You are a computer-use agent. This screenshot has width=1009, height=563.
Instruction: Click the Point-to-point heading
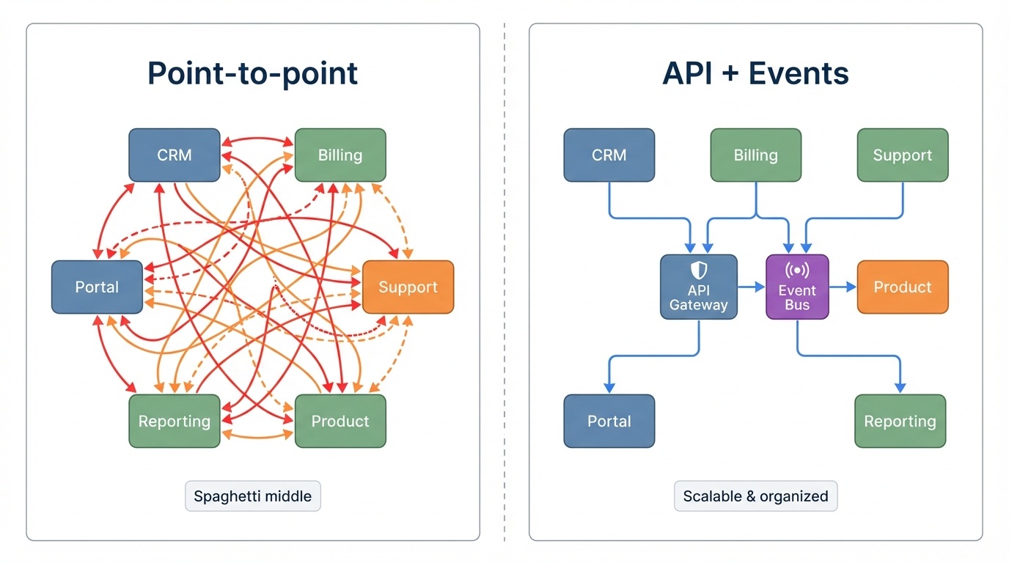[x=252, y=73]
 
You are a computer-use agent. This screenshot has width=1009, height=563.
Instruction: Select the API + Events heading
[x=755, y=73]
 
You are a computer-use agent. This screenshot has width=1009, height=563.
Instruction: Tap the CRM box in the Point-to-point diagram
[x=175, y=155]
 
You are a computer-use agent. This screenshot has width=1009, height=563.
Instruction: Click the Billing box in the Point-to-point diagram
[x=340, y=155]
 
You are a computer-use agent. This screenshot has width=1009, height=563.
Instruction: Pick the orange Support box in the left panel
[x=408, y=287]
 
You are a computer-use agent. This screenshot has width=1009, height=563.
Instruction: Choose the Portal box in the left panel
[x=97, y=287]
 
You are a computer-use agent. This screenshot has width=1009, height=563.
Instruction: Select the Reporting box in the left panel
[x=175, y=422]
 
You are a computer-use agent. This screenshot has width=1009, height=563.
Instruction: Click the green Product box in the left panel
[x=340, y=422]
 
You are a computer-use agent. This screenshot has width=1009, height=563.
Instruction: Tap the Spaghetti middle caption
[x=252, y=496]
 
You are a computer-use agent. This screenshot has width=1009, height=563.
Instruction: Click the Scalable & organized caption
[x=755, y=496]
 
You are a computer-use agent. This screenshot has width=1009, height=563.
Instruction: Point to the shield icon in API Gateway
[x=699, y=270]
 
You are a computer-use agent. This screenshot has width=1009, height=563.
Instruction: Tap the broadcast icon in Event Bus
[x=797, y=271]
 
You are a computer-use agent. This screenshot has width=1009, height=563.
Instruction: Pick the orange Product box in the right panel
[x=903, y=287]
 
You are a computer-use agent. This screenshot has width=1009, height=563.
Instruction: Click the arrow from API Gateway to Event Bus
[x=752, y=287]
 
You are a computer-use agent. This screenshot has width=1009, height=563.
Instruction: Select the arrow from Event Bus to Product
[x=843, y=287]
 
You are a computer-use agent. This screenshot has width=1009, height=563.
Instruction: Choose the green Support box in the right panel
[x=903, y=155]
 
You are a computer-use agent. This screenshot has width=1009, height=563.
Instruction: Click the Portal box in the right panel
[x=609, y=422]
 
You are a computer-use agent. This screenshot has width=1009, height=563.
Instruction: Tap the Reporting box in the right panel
[x=900, y=422]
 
